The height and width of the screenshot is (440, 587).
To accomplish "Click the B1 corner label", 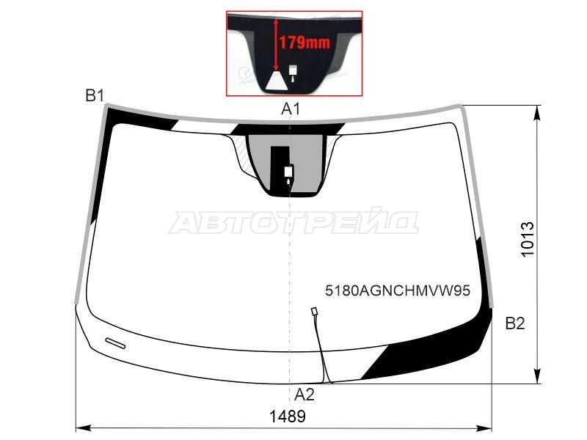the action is [x=95, y=96].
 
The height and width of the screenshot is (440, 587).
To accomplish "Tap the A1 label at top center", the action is [x=291, y=109].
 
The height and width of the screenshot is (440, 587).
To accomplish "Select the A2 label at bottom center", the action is [x=304, y=395].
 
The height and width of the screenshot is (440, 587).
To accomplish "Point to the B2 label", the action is [x=515, y=323].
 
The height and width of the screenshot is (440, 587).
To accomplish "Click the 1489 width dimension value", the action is [x=288, y=416].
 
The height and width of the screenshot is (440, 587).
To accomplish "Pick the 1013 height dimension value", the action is [x=528, y=240].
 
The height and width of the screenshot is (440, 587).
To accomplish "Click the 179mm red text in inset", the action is [x=305, y=43].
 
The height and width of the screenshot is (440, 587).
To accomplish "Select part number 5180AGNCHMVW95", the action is [x=397, y=290].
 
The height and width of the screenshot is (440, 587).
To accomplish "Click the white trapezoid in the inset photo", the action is [x=277, y=81].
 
